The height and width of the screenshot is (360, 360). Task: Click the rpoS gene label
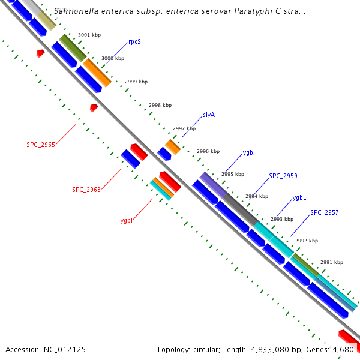point(134,43)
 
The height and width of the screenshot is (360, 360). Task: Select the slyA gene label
point(209,114)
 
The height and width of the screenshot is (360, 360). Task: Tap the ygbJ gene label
point(249,153)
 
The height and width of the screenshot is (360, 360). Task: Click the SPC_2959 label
point(283,176)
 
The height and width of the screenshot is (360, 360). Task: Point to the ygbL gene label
point(299,197)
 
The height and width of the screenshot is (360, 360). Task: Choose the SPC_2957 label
point(324,212)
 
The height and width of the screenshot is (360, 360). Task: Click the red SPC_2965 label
point(41,145)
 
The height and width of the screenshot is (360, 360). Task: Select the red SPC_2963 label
point(86,190)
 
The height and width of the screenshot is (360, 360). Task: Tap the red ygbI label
point(127,220)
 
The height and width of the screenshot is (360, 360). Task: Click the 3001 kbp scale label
point(89,35)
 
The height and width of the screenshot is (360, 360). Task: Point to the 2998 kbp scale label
point(160,105)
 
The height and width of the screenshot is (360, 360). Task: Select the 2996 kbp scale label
point(208,151)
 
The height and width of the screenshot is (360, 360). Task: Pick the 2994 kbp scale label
point(256,196)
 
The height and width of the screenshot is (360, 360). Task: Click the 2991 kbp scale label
point(331,262)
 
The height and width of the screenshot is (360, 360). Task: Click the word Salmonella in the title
point(75,11)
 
